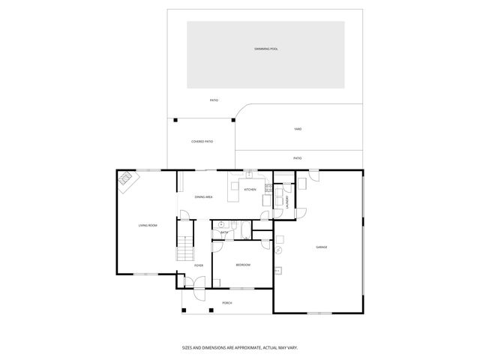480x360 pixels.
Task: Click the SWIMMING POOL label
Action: coord(265,49)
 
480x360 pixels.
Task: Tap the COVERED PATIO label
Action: coord(202,141)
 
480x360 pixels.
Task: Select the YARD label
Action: coord(298,129)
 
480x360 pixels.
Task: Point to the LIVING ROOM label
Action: coord(148,225)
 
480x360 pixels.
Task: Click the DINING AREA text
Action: coord(203,196)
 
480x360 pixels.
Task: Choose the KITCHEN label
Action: coord(250,190)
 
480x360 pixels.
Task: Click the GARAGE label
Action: coord(321,247)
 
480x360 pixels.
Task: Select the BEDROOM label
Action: coord(243,265)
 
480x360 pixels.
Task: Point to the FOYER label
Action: coord(199,265)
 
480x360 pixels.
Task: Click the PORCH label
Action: coord(226,303)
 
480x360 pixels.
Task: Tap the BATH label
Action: coord(224,233)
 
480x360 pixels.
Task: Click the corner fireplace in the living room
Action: coord(126,180)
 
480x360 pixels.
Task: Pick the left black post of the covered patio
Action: coord(175,119)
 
